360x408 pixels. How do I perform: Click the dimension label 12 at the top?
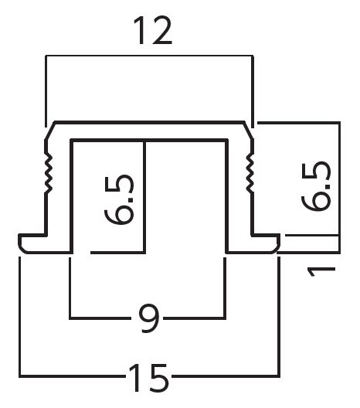tap(153, 30)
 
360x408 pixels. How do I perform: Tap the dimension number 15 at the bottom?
tap(148, 378)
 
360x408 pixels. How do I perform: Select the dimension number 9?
tap(149, 318)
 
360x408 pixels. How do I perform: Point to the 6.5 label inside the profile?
tap(120, 199)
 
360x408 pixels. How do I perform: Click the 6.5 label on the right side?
tap(316, 186)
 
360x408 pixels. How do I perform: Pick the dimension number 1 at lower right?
tap(321, 272)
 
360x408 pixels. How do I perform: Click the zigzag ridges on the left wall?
tap(49, 173)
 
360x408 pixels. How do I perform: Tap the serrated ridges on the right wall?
tap(250, 173)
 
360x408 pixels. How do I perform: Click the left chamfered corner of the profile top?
tap(49, 131)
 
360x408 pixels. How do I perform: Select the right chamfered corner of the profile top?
tap(249, 131)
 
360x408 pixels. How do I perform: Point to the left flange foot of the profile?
tap(45, 244)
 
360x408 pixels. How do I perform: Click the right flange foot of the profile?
tap(253, 244)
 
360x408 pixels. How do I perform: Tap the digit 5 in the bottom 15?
tap(158, 378)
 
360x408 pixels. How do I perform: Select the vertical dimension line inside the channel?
tap(144, 197)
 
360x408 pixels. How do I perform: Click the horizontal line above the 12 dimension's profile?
tap(149, 56)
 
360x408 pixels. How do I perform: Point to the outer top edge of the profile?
tap(149, 122)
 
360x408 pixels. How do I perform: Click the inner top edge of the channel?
tap(149, 141)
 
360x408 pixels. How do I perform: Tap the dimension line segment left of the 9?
tap(100, 318)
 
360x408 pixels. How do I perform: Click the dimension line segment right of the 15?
tap(226, 376)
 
